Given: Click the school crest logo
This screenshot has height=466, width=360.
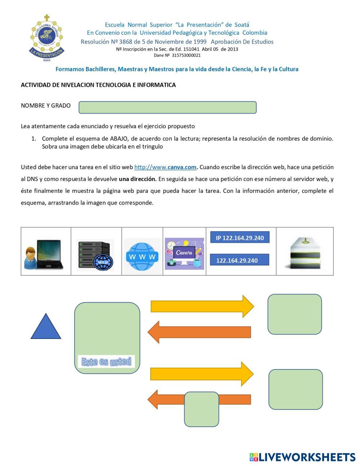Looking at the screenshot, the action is [x=47, y=38].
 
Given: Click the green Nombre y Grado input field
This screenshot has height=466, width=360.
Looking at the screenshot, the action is [x=167, y=107].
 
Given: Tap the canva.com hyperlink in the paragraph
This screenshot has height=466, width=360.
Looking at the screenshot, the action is [x=165, y=167].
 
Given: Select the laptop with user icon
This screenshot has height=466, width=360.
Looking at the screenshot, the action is [x=44, y=254].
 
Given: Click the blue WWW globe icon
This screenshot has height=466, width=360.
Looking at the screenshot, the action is [x=142, y=256].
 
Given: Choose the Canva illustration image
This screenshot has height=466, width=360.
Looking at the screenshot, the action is [x=184, y=253].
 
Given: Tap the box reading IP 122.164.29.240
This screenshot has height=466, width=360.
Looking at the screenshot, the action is [x=240, y=237].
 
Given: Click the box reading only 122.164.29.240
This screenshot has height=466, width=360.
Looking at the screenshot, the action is [x=239, y=260].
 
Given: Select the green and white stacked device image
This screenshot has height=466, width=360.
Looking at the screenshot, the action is [x=305, y=253].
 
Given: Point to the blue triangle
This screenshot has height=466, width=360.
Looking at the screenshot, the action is [x=46, y=326].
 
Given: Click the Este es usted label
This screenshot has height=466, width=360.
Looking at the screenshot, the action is [x=106, y=361].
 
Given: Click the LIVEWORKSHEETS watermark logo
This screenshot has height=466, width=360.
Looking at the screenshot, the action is [x=302, y=457].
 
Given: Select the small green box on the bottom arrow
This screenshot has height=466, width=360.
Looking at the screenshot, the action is [x=202, y=409].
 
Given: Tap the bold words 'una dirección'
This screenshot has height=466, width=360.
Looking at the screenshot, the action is [x=138, y=179].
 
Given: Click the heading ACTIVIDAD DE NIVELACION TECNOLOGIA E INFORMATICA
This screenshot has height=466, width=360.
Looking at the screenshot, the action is [x=98, y=85].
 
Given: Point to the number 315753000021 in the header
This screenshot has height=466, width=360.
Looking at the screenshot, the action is [x=186, y=55].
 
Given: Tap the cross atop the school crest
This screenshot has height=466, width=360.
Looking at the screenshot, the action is [x=47, y=18].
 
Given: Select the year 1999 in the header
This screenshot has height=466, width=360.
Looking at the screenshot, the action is [x=200, y=42].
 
